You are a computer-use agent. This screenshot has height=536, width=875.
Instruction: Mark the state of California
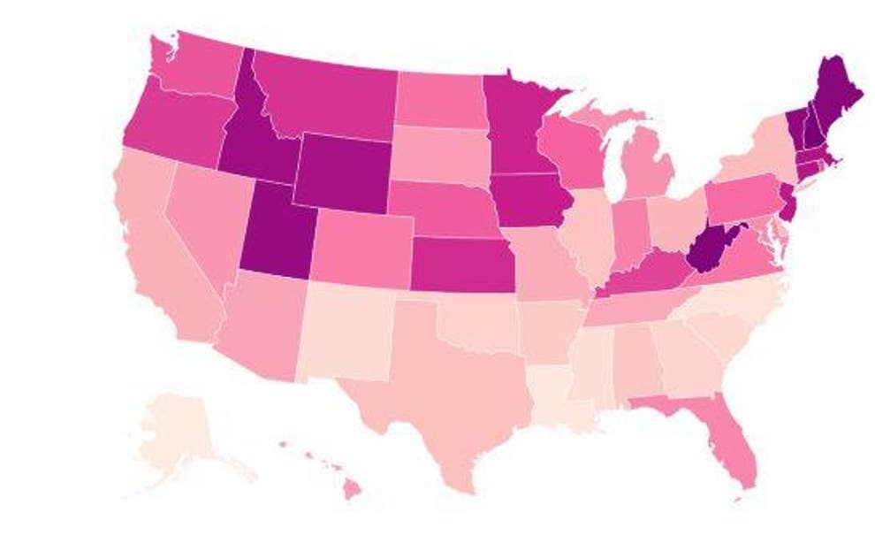click(x=164, y=257)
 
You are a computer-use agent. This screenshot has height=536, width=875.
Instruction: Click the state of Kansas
click(x=460, y=264)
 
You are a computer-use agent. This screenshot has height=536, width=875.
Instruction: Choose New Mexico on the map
click(x=345, y=332)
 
